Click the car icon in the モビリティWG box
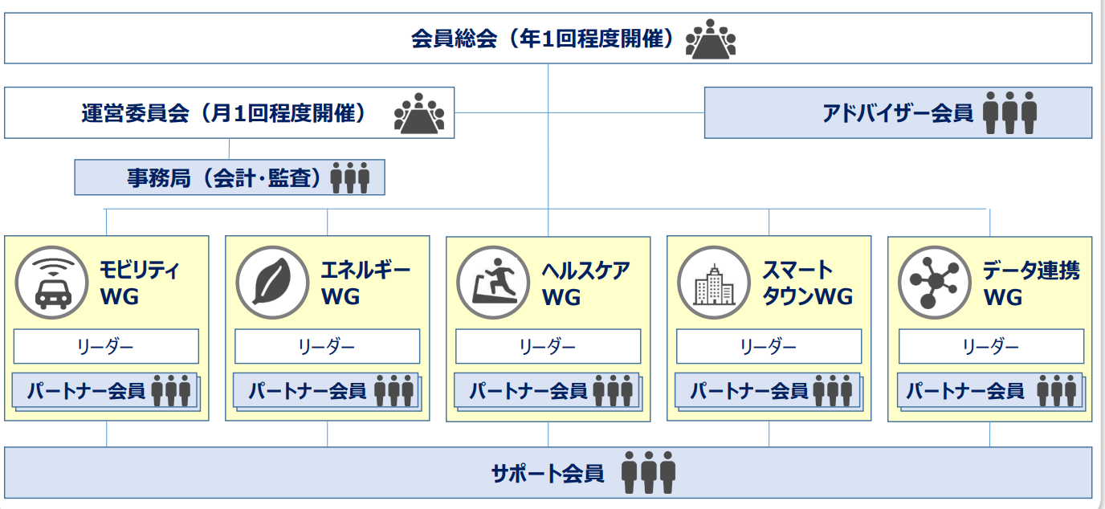tap(51, 283)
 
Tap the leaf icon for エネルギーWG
tap(272, 283)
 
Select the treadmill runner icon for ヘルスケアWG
tap(493, 283)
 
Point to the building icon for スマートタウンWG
tap(714, 283)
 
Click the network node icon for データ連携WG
tap(935, 283)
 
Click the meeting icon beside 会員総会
tap(711, 39)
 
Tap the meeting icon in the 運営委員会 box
tap(419, 113)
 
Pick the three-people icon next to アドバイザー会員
tap(1009, 113)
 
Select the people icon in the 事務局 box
tap(350, 177)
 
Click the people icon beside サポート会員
tap(648, 473)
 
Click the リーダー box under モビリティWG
tap(106, 346)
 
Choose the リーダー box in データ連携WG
tap(992, 346)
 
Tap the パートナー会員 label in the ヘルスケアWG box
tap(528, 391)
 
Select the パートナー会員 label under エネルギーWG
tap(308, 391)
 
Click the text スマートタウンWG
tap(808, 283)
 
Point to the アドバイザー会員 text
tap(898, 113)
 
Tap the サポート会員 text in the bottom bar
tap(548, 474)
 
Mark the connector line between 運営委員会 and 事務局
tap(229, 149)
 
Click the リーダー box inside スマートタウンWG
tap(769, 346)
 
